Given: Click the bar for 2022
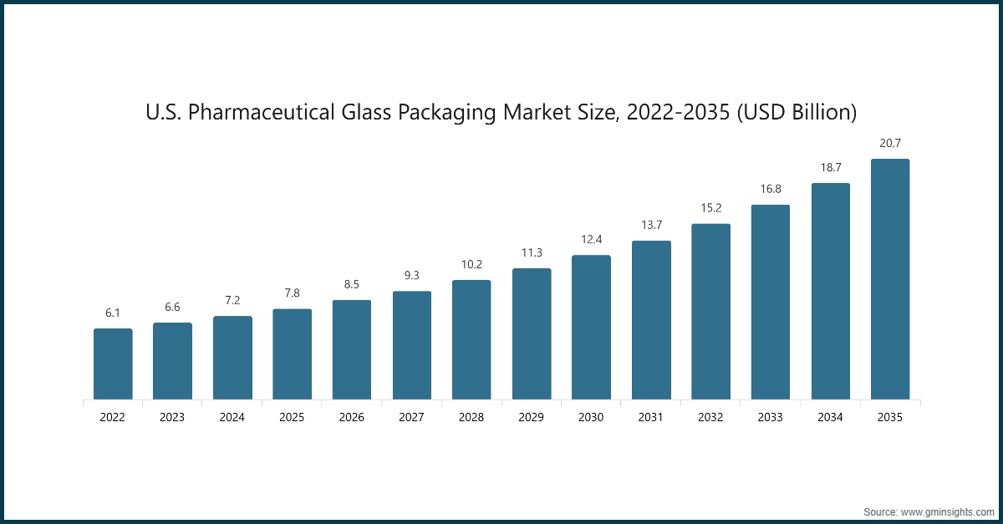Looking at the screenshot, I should pyautogui.click(x=113, y=364).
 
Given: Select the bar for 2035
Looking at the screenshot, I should pyautogui.click(x=890, y=279).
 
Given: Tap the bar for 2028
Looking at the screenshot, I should pyautogui.click(x=471, y=339).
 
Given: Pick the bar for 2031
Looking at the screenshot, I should pyautogui.click(x=651, y=320).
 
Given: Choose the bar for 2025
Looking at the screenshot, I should pyautogui.click(x=292, y=354).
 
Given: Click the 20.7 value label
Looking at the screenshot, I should pyautogui.click(x=890, y=144).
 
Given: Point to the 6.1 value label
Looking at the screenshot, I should pyautogui.click(x=113, y=313).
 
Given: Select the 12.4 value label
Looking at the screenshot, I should pyautogui.click(x=591, y=240).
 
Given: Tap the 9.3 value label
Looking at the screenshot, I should pyautogui.click(x=411, y=276).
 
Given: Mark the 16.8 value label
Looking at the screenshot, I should pyautogui.click(x=771, y=189).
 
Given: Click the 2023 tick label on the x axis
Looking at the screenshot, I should pyautogui.click(x=172, y=417).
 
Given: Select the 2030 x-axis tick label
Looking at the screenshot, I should pyautogui.click(x=591, y=417).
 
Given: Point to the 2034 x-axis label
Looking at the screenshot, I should pyautogui.click(x=830, y=417).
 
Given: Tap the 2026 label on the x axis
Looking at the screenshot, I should pyautogui.click(x=352, y=417).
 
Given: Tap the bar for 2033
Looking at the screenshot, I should pyautogui.click(x=771, y=302).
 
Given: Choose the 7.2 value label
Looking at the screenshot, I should pyautogui.click(x=232, y=300).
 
